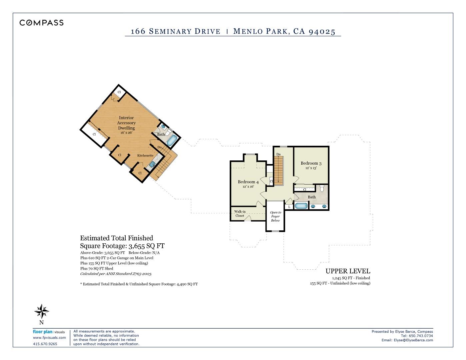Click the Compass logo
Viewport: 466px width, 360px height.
41,23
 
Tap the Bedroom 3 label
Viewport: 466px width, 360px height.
311,163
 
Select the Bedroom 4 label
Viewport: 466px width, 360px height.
248,182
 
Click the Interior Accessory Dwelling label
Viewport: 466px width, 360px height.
126,123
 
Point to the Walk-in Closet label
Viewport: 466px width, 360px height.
240,214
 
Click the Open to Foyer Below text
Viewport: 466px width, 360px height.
275,216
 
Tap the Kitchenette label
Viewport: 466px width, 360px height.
145,156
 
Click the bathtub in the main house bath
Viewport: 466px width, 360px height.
301,206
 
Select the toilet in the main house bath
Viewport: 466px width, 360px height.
322,188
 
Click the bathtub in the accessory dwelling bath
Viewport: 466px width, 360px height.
172,140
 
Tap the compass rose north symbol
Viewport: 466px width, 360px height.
42,311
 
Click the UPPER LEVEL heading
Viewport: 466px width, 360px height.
348,271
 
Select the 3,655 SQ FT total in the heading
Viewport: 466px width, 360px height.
147,246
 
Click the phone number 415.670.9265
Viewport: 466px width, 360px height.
45,344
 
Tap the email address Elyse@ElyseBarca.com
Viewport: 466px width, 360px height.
413,340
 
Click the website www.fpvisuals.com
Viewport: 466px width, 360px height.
49,338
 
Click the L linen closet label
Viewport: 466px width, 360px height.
289,207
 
